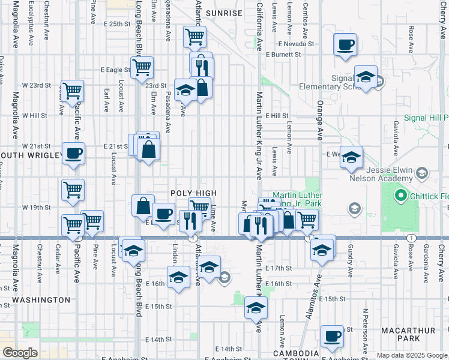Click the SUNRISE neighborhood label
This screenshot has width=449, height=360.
pos(224,13)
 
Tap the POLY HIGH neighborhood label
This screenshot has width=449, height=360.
pos(193,193)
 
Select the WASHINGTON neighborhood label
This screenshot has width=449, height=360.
pos(41,299)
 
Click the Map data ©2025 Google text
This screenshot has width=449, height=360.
pos(412,355)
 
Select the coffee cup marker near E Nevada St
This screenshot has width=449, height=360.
pos(345,45)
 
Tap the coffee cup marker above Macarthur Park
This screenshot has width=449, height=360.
pos(331,336)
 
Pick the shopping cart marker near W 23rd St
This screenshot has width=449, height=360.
pos(72,91)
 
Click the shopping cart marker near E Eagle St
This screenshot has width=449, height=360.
pos(142,68)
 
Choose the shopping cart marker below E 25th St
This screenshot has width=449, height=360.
pos(194,37)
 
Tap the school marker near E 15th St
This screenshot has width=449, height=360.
pos(256,308)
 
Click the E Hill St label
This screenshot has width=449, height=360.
pos(277,115)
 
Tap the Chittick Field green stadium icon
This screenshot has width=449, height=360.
pos(400,196)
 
